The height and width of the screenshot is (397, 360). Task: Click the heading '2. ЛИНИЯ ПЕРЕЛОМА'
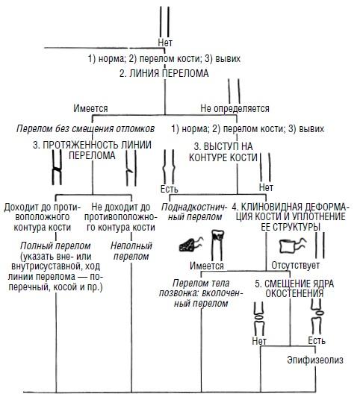pos(164,73)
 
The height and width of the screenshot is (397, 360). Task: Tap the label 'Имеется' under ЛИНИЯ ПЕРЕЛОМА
pos(90,108)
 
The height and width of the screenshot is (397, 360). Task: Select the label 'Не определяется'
pos(235,108)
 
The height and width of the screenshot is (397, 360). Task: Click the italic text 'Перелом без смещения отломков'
pos(86,128)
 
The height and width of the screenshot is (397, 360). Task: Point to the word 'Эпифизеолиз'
pos(315,360)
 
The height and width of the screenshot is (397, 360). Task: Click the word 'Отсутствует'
pos(296,265)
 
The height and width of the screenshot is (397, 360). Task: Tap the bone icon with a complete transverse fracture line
pos(57,167)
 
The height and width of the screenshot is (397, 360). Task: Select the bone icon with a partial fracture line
pos(131,168)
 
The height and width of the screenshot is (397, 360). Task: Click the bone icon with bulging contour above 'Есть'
pos(169,166)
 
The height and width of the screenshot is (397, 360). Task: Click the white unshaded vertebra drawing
pos(292,246)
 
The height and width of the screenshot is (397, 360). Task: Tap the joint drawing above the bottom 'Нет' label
pos(259,319)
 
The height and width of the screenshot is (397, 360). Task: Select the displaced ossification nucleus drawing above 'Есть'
pos(317,316)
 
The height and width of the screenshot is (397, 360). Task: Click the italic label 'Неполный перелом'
pos(131,251)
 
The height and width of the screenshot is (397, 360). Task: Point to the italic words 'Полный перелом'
pos(55,246)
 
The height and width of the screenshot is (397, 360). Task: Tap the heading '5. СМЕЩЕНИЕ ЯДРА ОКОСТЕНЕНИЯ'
pos(294,288)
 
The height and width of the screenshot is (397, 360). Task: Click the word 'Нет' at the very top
pos(165,43)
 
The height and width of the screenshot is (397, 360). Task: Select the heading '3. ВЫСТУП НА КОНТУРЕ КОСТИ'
pos(223,152)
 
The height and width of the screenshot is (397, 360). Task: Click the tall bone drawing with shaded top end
pos(217,245)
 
